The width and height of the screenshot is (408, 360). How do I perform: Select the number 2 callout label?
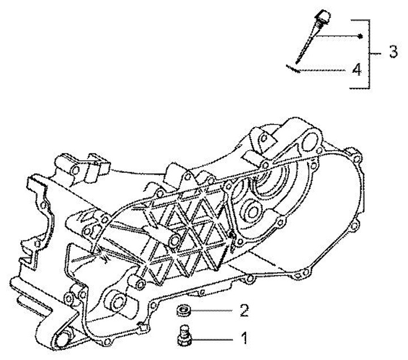[245, 311]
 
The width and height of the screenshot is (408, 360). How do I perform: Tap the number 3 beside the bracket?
[393, 52]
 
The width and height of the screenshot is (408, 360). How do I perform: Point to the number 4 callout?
[355, 70]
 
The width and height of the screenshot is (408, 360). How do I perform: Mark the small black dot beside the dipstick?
[360, 36]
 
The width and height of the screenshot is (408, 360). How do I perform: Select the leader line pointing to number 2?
[214, 311]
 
